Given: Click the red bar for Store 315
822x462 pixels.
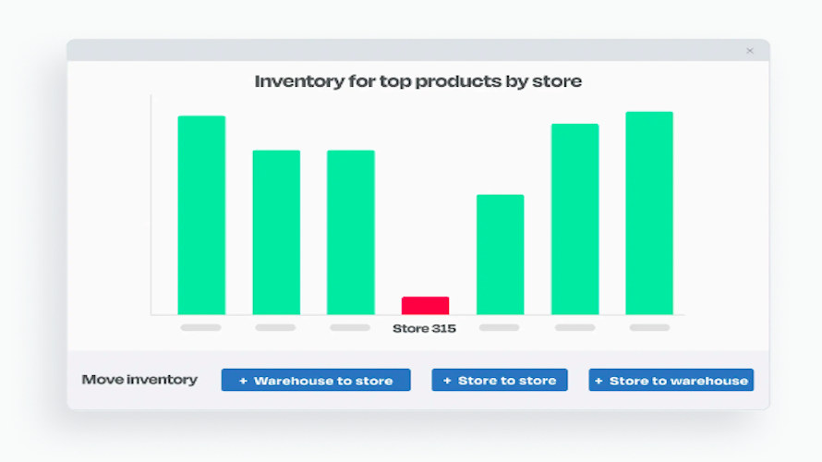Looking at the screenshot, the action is pos(425,306).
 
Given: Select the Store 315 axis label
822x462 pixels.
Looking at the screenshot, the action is pos(424,328).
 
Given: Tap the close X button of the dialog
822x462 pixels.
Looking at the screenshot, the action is pos(750,51).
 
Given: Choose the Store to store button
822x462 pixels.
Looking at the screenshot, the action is pos(500,380).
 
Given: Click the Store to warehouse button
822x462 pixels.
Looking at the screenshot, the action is pos(671,380).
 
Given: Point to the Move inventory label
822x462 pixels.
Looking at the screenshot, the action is pos(139,380).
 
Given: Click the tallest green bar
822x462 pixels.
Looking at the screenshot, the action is pos(649,213).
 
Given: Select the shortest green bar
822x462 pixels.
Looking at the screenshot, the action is pos(500,254).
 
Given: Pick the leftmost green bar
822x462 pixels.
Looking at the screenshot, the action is pos(201,215).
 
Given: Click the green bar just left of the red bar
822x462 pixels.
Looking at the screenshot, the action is pos(351,232).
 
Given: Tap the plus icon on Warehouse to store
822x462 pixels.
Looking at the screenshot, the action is pos(243,382).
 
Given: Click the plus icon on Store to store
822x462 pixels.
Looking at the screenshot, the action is pos(447,381).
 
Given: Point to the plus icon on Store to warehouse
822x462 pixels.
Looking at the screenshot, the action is pos(598,381).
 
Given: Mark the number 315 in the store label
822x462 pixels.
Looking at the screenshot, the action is pos(443,328).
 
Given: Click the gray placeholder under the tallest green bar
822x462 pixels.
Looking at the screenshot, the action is pos(649,328).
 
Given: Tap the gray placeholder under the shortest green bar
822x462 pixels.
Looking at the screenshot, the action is pos(499,328).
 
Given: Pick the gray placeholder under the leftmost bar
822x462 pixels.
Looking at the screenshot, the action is pos(200,328).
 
